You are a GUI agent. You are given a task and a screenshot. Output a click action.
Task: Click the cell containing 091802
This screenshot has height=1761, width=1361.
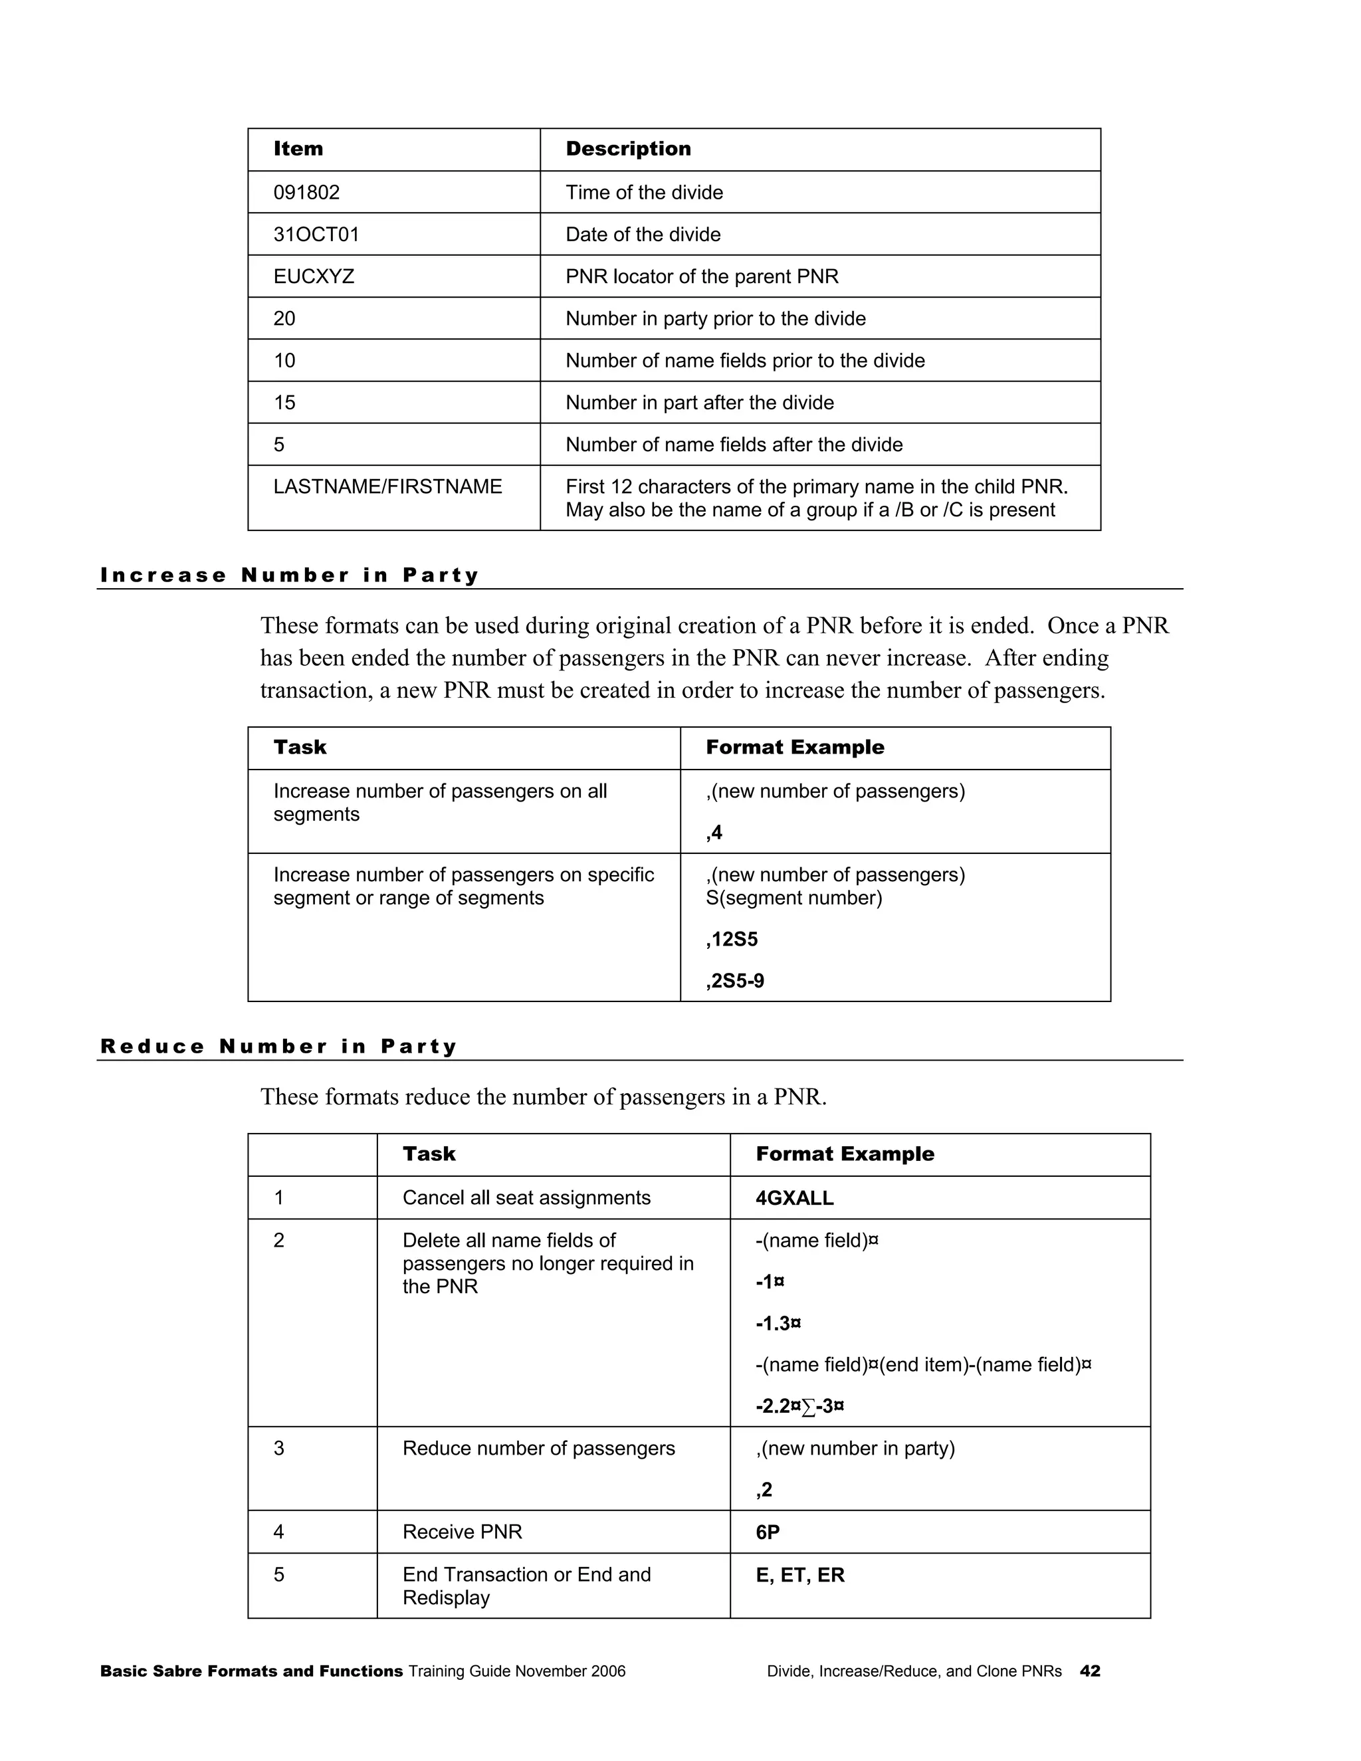pyautogui.click(x=306, y=193)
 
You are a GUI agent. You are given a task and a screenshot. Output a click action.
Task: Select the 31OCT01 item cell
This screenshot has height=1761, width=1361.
pyautogui.click(x=316, y=235)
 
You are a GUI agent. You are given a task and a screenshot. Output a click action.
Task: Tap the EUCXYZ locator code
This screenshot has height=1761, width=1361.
pyautogui.click(x=314, y=276)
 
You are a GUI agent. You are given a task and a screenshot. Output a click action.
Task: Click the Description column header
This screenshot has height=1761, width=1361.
pyautogui.click(x=628, y=149)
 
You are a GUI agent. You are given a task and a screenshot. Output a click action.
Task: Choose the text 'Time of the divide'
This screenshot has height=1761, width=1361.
pyautogui.click(x=643, y=193)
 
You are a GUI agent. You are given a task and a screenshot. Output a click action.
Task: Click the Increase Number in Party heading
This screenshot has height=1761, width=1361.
pyautogui.click(x=290, y=575)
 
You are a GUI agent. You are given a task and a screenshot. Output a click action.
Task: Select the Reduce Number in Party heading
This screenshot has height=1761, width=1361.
pyautogui.click(x=279, y=1047)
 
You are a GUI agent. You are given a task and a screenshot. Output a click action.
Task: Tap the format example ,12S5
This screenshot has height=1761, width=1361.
pyautogui.click(x=731, y=940)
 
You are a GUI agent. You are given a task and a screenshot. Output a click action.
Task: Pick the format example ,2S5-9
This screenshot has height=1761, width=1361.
pyautogui.click(x=734, y=982)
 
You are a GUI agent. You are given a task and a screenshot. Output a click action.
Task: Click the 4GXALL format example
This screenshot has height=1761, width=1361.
pyautogui.click(x=794, y=1198)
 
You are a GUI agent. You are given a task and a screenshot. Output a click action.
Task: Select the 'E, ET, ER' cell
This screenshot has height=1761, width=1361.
pyautogui.click(x=800, y=1575)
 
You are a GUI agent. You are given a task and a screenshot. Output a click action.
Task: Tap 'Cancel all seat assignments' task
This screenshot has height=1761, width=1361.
pyautogui.click(x=526, y=1198)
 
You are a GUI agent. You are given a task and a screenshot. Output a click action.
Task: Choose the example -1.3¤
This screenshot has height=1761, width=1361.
pyautogui.click(x=778, y=1323)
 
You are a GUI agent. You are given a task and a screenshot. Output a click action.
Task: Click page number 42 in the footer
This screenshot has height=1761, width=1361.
pyautogui.click(x=1089, y=1671)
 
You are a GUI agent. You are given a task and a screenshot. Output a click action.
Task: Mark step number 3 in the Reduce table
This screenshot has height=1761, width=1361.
pyautogui.click(x=279, y=1448)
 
